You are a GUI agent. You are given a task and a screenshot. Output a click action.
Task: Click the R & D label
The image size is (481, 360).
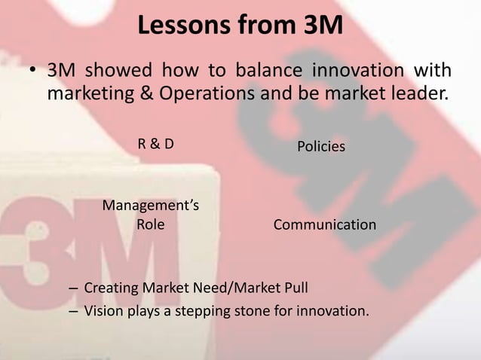click(x=155, y=145)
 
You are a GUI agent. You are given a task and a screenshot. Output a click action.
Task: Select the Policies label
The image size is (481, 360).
click(x=321, y=146)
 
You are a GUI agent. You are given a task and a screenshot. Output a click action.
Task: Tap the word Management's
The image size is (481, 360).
click(x=151, y=205)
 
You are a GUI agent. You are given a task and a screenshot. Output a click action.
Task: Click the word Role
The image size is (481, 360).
click(x=151, y=224)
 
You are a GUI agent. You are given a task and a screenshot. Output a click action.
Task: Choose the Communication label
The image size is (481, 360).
click(x=324, y=224)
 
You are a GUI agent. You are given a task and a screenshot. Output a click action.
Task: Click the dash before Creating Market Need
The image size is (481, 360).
click(x=72, y=288)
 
